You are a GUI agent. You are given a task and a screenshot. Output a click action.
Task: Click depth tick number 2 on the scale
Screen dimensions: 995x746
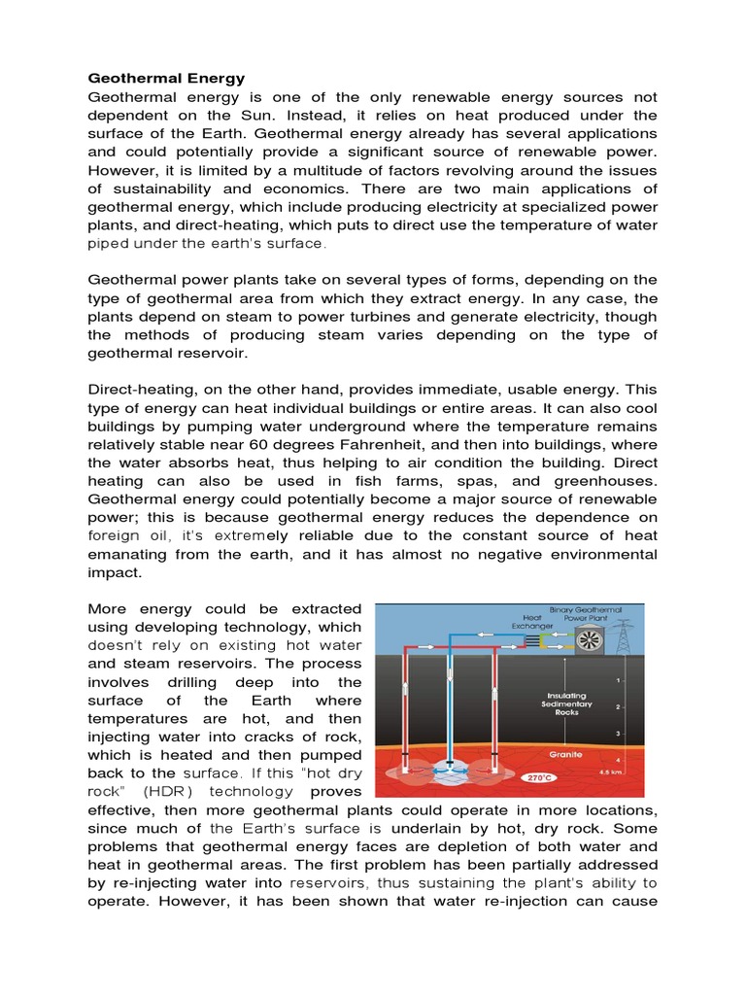618,707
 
